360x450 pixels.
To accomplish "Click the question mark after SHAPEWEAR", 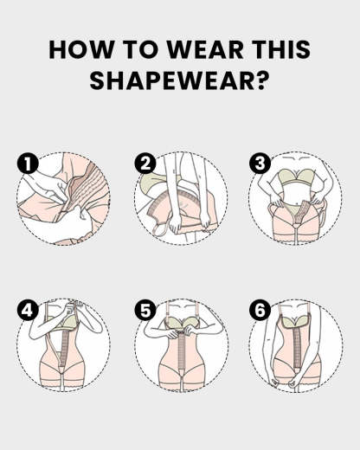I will pyautogui.click(x=262, y=82).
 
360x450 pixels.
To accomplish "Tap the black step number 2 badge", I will pyautogui.click(x=144, y=162).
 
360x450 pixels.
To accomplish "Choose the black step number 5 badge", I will pyautogui.click(x=144, y=309).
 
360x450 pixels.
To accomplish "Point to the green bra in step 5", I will pyautogui.click(x=181, y=330).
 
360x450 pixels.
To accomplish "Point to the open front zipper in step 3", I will pyautogui.click(x=293, y=216).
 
